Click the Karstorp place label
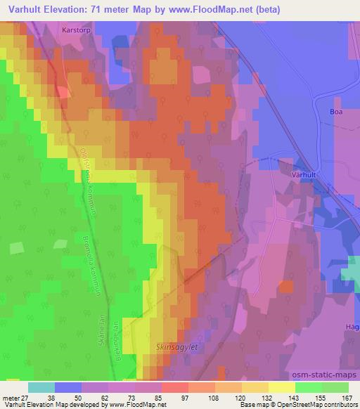pyautogui.click(x=77, y=30)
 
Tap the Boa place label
pyautogui.click(x=340, y=111)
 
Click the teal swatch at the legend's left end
pyautogui.click(x=41, y=387)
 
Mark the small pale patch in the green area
pyautogui.click(x=17, y=247)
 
